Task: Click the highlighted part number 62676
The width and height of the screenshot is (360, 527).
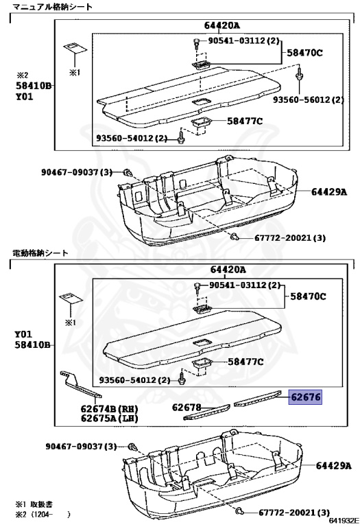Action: click(x=305, y=397)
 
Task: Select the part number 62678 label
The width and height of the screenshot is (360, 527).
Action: click(x=187, y=408)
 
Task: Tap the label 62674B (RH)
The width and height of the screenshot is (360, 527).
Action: click(x=109, y=410)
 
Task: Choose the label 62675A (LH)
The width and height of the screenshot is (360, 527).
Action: click(x=109, y=419)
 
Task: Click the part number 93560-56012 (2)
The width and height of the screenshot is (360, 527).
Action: click(x=309, y=99)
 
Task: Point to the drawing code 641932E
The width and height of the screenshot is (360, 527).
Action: click(x=343, y=521)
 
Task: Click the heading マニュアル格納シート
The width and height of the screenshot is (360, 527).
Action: click(x=52, y=7)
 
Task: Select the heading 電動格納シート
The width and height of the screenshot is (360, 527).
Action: click(x=40, y=253)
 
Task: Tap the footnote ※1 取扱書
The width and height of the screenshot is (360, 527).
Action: click(x=34, y=504)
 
